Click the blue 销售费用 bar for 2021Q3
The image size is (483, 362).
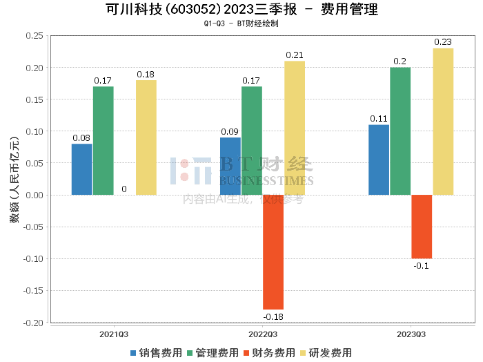point(81,169)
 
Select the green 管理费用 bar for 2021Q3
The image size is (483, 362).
point(103,140)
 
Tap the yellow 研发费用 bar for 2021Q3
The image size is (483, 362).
point(146,137)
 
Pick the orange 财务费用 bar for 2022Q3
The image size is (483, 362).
point(273,251)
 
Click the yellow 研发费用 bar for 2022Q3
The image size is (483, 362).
point(295,128)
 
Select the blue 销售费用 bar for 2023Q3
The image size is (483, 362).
point(379,160)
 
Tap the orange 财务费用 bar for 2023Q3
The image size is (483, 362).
point(422,227)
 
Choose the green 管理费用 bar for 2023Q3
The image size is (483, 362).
point(400,131)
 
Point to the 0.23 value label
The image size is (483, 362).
point(443,42)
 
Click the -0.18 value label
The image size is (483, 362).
point(273,316)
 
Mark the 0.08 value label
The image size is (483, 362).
point(81,137)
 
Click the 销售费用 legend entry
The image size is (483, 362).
point(156,352)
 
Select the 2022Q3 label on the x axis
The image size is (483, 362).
point(263,334)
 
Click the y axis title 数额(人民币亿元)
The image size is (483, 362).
point(14,179)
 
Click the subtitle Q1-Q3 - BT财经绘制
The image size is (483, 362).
point(241,23)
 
